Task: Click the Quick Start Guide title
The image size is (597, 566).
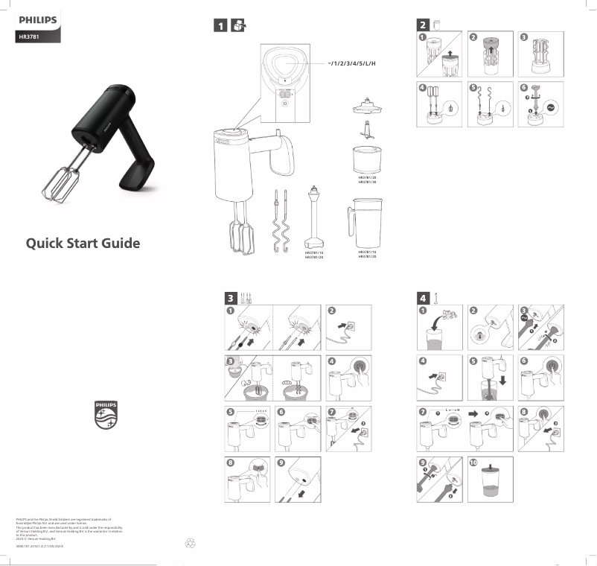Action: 83,244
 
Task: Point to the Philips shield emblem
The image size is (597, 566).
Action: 106,415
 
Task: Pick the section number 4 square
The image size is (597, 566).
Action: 422,297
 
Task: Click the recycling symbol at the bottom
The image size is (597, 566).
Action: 189,543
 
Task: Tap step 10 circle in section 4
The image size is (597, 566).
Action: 474,462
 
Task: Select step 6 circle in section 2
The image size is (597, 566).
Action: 524,87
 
